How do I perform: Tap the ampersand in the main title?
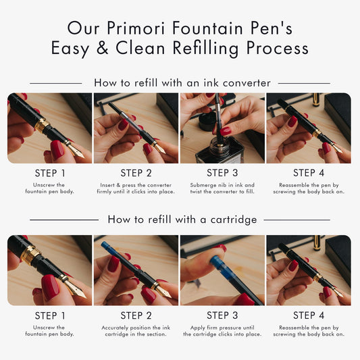coord(103,47)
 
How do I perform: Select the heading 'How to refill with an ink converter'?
coord(182,82)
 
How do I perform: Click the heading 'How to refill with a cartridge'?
coord(182,220)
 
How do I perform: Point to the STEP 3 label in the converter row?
coord(222,173)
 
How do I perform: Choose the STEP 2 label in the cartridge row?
coord(136,315)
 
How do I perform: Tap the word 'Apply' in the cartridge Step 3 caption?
coord(198,328)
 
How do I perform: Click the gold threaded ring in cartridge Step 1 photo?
coord(30,254)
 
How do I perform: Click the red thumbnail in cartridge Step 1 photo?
coord(50,288)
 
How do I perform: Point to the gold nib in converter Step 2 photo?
coord(160,149)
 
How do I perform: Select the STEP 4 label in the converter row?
coord(309,173)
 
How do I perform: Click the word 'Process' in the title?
coord(278,48)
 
